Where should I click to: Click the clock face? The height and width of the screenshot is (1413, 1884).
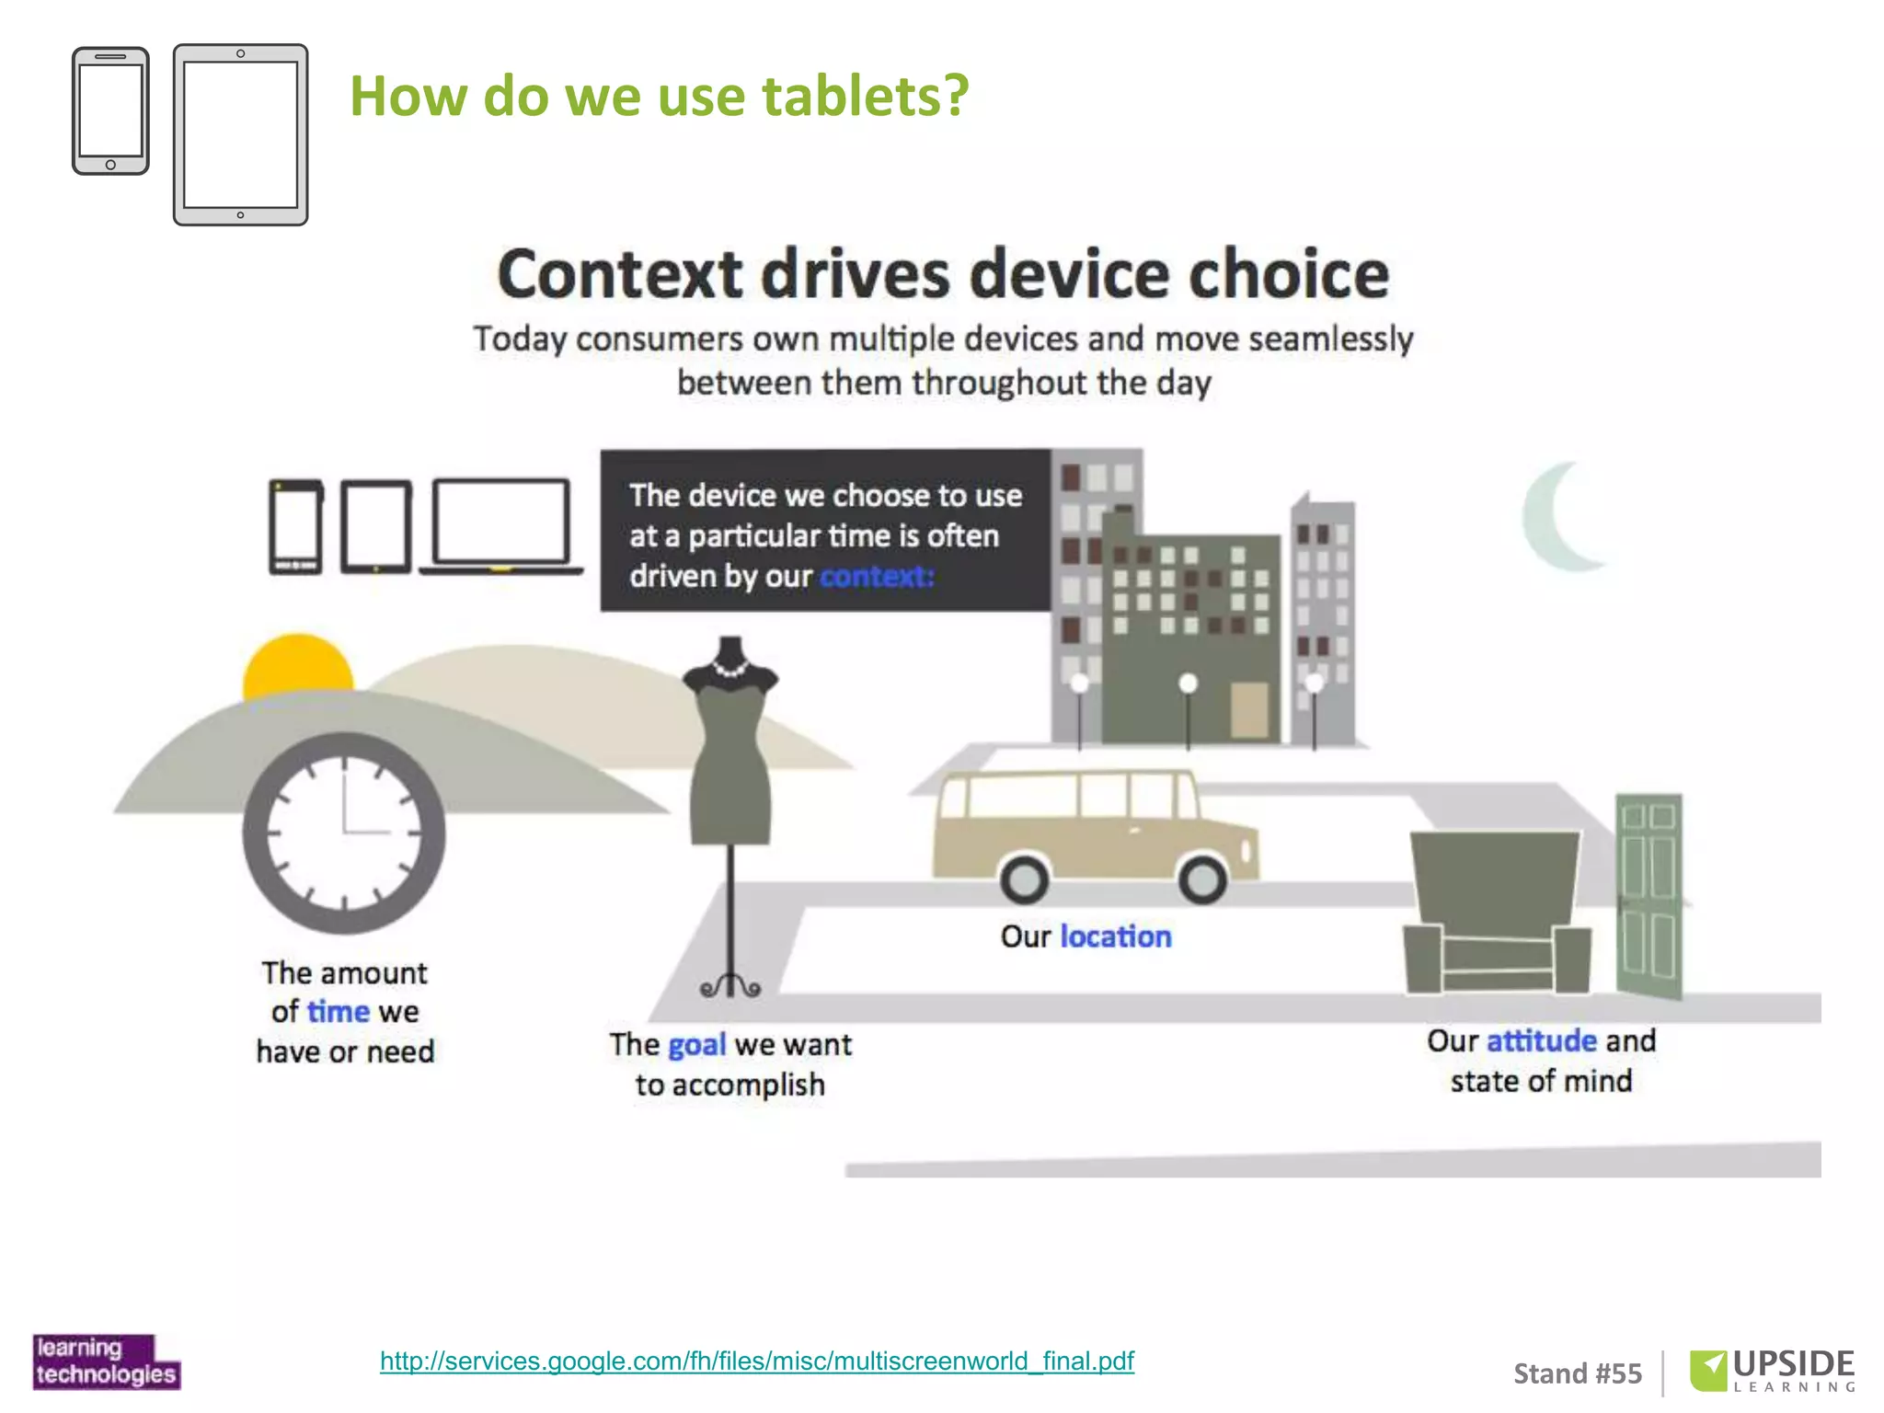(344, 833)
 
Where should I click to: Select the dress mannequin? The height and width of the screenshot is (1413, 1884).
(731, 754)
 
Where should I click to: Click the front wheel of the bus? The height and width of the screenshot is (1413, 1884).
(1202, 879)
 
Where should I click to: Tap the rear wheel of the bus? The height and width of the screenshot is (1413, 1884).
(1024, 879)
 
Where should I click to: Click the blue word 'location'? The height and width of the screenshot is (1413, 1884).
(1116, 936)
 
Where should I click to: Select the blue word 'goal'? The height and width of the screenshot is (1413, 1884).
(696, 1045)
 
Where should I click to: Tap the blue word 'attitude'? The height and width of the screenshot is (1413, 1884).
(1541, 1040)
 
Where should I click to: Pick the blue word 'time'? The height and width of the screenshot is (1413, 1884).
(338, 1012)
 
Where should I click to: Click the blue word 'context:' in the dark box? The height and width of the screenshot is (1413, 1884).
(877, 577)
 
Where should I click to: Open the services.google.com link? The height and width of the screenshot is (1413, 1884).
(756, 1361)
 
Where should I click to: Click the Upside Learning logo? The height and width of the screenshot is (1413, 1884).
(1772, 1371)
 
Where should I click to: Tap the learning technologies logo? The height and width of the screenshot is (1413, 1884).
(106, 1361)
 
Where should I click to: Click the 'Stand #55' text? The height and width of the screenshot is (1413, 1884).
(1577, 1373)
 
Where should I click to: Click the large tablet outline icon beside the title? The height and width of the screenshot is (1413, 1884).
(240, 134)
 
